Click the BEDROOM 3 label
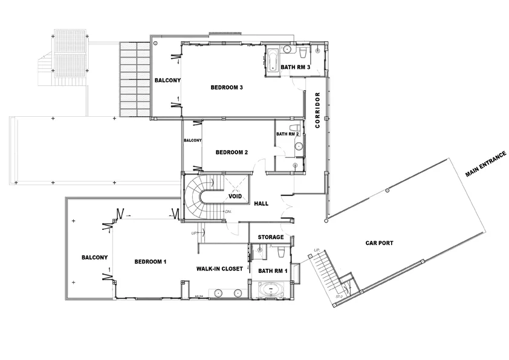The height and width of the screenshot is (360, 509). click(x=227, y=88)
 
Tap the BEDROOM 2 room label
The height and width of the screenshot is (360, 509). click(x=232, y=152)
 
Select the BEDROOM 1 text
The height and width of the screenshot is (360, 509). click(x=150, y=261)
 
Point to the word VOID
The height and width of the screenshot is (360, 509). click(x=235, y=197)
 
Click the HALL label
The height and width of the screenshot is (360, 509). click(x=261, y=204)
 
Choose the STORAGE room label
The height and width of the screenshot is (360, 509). click(x=271, y=237)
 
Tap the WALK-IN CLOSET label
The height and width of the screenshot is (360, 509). click(x=219, y=268)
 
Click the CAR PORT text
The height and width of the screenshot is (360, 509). click(x=380, y=243)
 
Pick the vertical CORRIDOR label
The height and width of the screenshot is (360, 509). click(x=317, y=110)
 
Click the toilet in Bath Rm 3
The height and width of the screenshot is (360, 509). click(x=287, y=51)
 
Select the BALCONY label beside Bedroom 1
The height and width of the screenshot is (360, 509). click(x=94, y=257)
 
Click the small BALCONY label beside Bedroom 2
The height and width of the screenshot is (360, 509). click(x=192, y=140)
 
